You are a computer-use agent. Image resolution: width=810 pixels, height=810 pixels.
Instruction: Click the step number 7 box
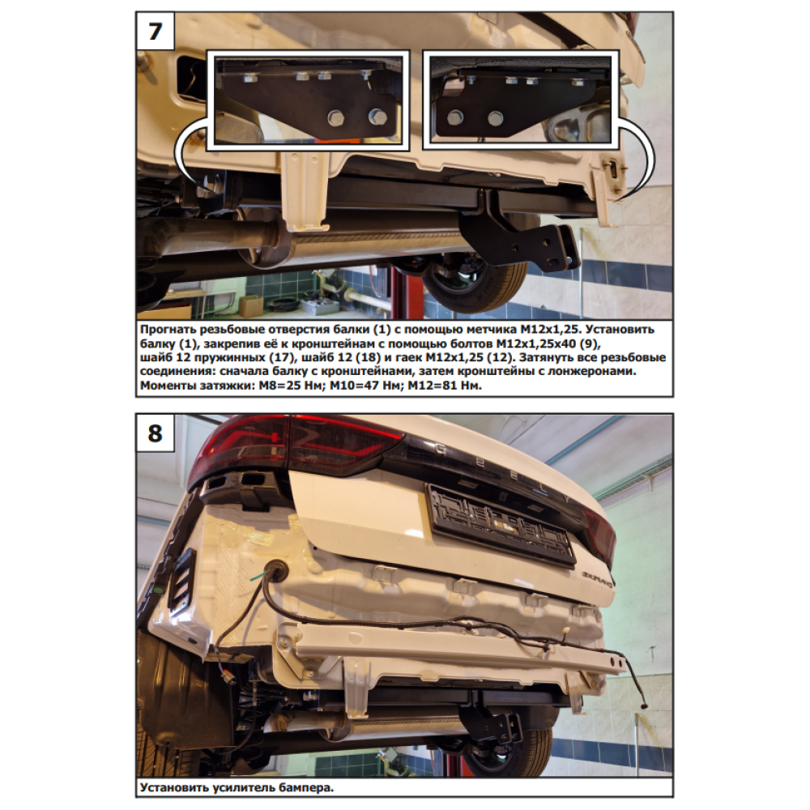[155, 32]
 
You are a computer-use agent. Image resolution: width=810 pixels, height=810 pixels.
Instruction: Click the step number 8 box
[155, 433]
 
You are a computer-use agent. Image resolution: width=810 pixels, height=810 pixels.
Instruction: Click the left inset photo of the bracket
[308, 100]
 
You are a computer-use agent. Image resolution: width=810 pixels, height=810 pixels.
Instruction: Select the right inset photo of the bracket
[521, 100]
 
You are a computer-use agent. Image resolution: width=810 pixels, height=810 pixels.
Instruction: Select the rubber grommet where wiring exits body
[276, 572]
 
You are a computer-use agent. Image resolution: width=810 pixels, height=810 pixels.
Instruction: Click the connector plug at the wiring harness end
[644, 704]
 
